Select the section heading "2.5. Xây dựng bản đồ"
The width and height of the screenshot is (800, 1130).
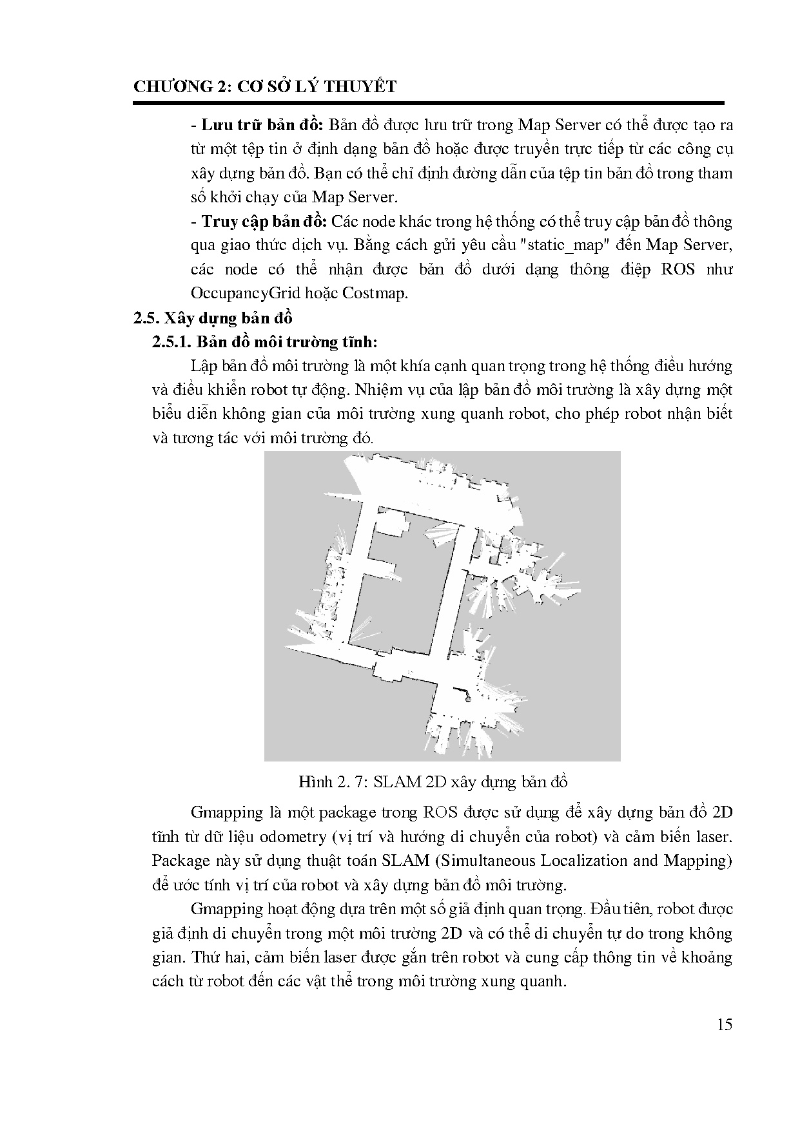(x=213, y=318)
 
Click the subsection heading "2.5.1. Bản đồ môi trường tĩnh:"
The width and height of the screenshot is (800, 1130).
(x=264, y=342)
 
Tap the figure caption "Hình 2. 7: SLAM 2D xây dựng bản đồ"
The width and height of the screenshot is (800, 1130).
(x=433, y=782)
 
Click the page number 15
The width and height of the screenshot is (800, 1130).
(x=725, y=1024)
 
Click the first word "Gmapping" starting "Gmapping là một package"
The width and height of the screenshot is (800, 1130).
(x=227, y=813)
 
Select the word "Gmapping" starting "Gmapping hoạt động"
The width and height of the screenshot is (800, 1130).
(x=227, y=910)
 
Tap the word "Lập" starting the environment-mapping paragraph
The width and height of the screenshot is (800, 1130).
(x=204, y=367)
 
